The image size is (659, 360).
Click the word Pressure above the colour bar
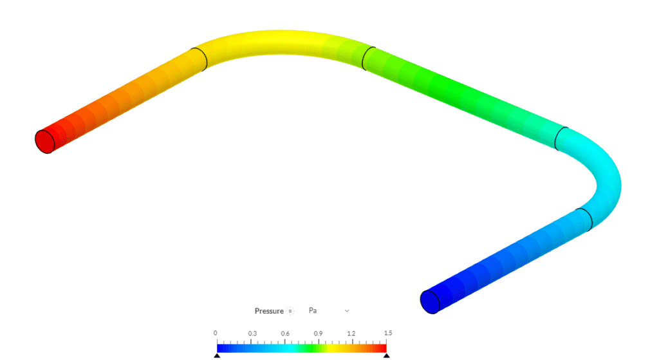tap(268, 311)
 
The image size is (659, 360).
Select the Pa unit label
tap(313, 310)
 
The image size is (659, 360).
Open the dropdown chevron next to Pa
tap(347, 310)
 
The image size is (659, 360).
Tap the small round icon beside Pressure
tap(290, 311)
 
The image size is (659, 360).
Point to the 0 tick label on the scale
tap(216, 333)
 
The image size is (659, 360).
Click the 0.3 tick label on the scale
tap(252, 333)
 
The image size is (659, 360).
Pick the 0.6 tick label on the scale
tap(285, 333)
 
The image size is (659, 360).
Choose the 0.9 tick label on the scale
tap(318, 333)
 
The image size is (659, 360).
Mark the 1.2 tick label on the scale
tap(351, 333)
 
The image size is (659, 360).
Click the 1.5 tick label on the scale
tap(388, 333)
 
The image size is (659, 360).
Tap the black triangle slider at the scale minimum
tap(217, 355)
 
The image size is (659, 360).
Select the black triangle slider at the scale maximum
tap(386, 355)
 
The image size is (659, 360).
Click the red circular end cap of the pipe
tap(44, 141)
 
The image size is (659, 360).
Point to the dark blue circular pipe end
tap(429, 301)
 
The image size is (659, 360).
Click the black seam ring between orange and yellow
tap(199, 59)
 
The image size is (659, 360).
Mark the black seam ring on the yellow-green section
tap(369, 58)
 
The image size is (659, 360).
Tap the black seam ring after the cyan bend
tap(584, 220)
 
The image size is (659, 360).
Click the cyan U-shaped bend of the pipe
tap(608, 180)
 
